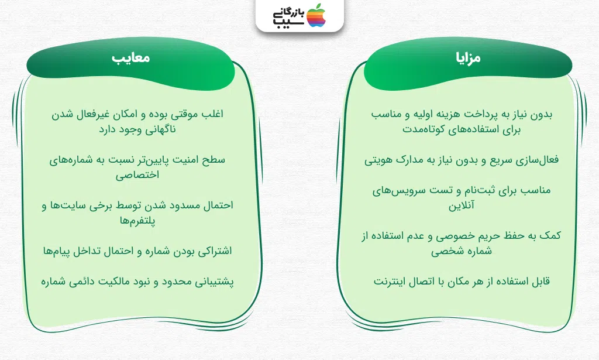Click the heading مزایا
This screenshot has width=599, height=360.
468,58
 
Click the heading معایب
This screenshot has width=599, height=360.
130,58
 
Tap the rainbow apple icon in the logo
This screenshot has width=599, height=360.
316,15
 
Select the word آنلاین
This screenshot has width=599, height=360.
462,205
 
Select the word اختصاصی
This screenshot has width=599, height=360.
137,176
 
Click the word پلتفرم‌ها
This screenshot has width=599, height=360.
137,221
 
